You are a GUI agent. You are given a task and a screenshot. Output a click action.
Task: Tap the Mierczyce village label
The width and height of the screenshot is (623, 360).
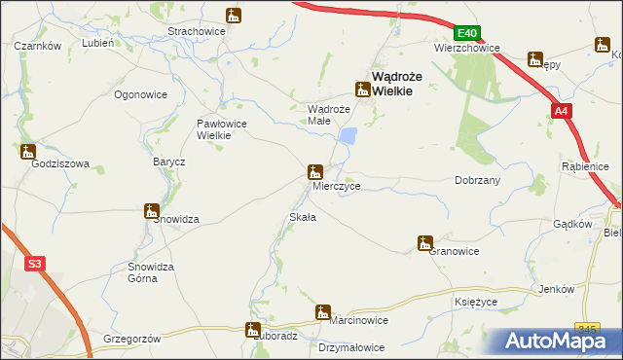coord(337,184)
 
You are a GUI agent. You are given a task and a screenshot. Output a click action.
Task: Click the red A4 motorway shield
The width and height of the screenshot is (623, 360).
coord(561,113)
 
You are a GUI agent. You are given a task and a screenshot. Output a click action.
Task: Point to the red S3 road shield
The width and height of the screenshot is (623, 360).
coord(35,263)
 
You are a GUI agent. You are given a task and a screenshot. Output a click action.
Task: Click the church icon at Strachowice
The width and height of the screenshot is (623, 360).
coord(233,16)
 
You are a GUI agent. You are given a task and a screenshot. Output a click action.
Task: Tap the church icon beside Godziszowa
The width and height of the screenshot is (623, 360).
coord(27,151)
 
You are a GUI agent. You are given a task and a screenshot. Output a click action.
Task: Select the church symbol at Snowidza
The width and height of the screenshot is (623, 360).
coord(151,209)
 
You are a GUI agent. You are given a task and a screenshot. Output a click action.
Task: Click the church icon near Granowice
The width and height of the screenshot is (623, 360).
coord(424,242)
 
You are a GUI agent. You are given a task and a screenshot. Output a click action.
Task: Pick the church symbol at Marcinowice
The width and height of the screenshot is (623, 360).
coord(321,311)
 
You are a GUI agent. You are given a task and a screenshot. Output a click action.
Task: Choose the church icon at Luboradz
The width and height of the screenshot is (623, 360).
coord(253,329)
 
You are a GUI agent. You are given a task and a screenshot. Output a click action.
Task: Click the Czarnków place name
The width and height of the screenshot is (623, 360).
coord(39,46)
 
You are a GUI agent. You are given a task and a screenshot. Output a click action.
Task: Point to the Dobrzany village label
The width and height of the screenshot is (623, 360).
coord(477,180)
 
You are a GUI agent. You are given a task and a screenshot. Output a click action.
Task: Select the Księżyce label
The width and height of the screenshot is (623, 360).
coord(477,303)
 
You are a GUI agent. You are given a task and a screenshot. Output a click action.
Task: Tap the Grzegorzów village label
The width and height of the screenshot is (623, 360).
coord(130,339)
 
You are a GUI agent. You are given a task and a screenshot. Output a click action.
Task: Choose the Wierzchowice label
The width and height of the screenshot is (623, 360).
coord(466,47)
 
